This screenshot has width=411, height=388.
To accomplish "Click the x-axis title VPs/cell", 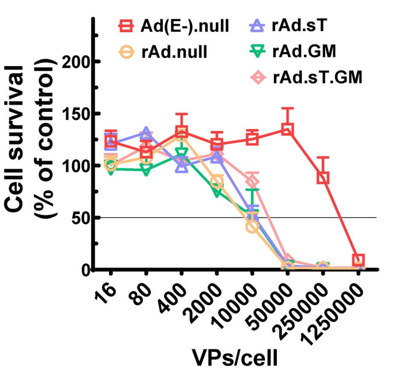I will (234, 358).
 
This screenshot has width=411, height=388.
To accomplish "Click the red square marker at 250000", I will (323, 178).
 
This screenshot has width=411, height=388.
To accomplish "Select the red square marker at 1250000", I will (358, 260).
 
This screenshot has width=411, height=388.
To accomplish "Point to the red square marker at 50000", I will (287, 129).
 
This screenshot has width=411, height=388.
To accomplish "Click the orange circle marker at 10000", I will (252, 226).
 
